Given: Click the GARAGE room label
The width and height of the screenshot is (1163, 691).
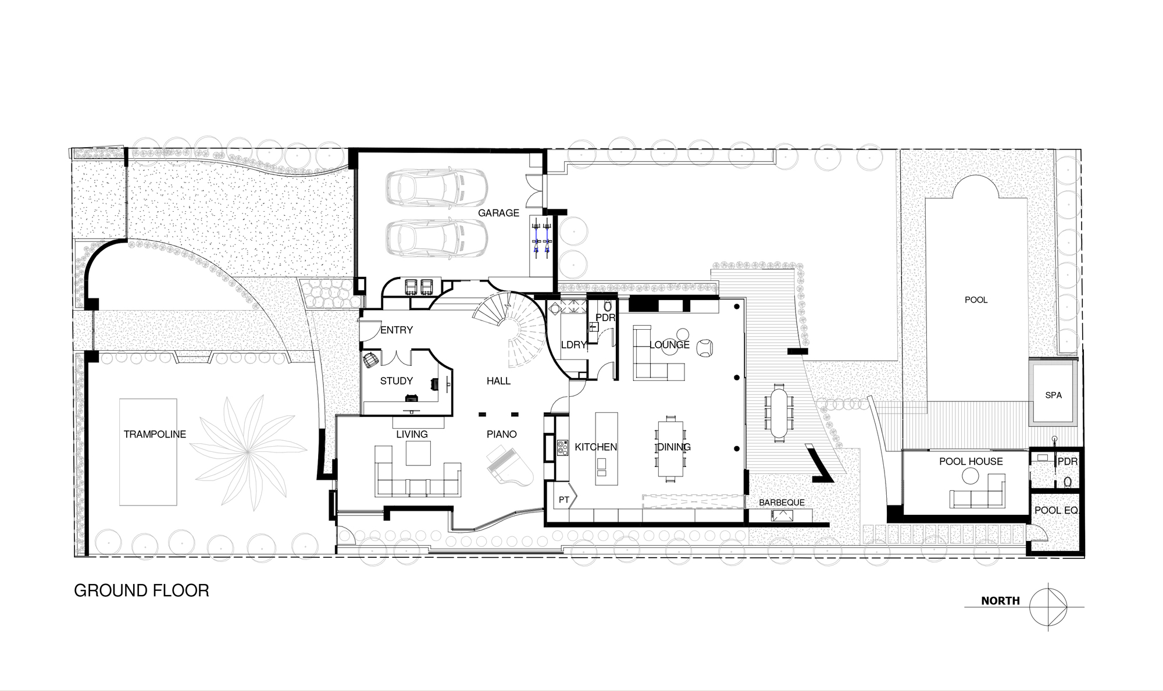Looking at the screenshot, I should (498, 213).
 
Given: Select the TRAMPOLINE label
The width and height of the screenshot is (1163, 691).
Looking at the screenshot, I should (155, 434).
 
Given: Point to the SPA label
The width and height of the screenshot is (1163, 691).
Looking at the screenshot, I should (1053, 396).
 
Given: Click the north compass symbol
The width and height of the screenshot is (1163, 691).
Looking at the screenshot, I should (1048, 607).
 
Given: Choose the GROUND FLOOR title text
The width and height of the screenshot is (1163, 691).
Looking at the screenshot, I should (141, 591).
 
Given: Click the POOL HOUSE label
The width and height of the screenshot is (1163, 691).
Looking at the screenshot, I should (971, 462).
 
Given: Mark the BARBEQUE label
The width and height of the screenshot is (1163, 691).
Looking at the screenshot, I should (782, 503).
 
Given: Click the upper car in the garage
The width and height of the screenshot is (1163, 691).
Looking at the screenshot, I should (436, 187).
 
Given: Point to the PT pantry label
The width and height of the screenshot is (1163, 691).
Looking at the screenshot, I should (563, 500).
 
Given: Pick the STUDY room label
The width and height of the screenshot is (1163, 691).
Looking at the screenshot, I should (396, 381).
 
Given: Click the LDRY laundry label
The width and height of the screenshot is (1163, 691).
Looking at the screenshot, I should (573, 345).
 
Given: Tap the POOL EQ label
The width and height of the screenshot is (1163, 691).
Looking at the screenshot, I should (1056, 511).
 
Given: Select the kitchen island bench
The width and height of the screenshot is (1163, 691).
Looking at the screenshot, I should (605, 448).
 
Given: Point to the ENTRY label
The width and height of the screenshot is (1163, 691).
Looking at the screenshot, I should (397, 330).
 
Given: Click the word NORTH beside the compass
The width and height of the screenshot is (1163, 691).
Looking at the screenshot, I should (1000, 601).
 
